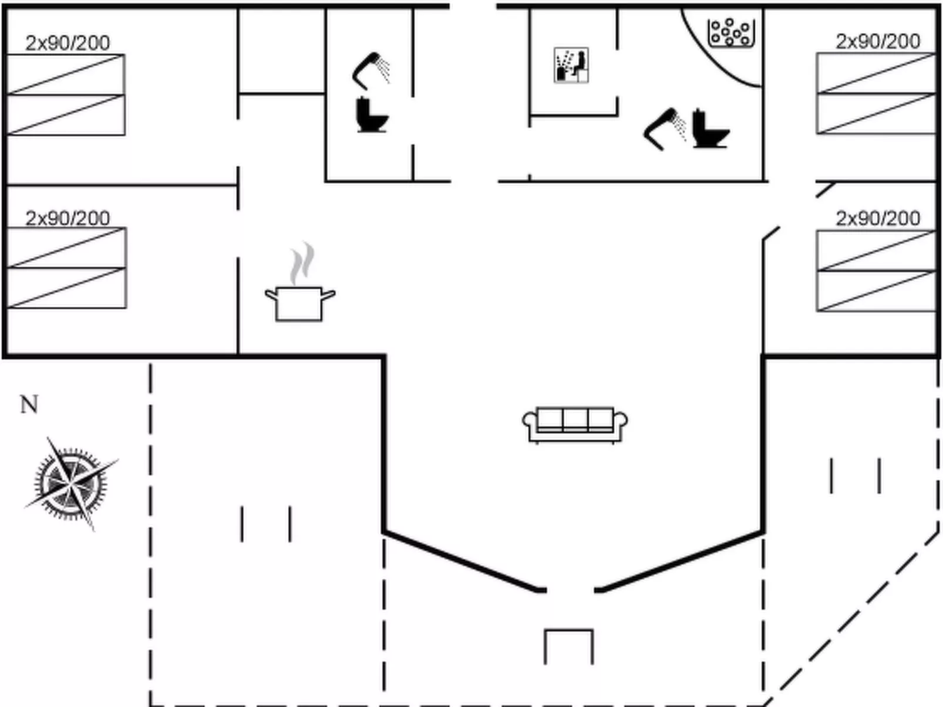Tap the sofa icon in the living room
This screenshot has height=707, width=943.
(x=575, y=424)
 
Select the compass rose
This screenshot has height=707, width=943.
(x=71, y=484)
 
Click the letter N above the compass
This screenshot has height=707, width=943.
(x=29, y=405)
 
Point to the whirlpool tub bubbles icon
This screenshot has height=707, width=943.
(x=730, y=32)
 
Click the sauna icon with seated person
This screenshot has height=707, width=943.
(x=571, y=65)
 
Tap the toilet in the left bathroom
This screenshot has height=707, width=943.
(x=372, y=115)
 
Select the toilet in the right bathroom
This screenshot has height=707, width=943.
(x=709, y=128)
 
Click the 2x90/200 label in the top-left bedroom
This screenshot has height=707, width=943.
(x=68, y=43)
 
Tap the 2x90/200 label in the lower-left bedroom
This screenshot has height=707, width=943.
(x=68, y=218)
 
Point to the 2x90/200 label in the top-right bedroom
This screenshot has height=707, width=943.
(x=877, y=42)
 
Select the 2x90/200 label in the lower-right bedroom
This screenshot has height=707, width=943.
(x=877, y=218)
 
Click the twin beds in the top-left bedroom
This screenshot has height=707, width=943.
(x=66, y=94)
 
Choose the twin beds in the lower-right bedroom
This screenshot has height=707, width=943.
(x=875, y=271)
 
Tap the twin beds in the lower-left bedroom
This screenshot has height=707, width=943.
(x=66, y=268)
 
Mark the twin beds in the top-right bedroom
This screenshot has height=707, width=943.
(x=875, y=93)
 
